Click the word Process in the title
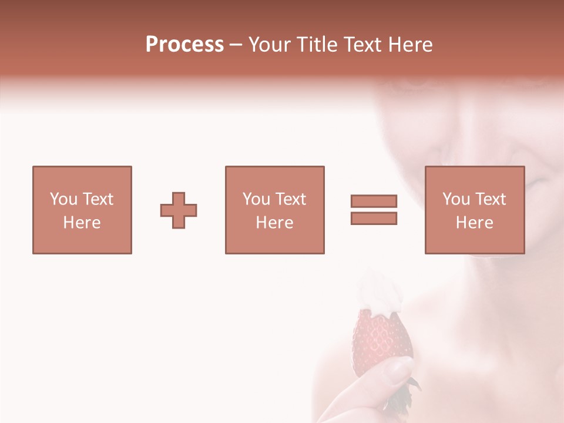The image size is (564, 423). tap(184, 45)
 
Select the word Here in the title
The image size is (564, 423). tap(409, 45)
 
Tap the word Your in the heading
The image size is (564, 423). tap(270, 45)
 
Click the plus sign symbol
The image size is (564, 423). tap(179, 210)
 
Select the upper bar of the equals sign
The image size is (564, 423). tap(374, 201)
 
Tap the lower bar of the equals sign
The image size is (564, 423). tap(374, 218)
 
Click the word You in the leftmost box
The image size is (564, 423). tap(63, 199)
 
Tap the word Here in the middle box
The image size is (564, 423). tap(274, 223)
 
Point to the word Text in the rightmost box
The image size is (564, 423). tap(491, 199)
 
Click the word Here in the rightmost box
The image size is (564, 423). tap(474, 223)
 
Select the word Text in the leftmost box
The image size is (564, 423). tap(98, 199)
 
